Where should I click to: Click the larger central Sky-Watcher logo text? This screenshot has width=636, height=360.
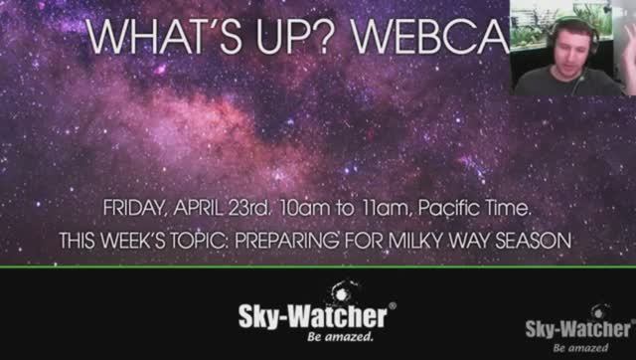coord(313,317)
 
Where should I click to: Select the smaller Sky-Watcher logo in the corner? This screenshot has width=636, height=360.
coord(578,329)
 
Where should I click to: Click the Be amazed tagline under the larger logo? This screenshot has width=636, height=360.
coord(341,338)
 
